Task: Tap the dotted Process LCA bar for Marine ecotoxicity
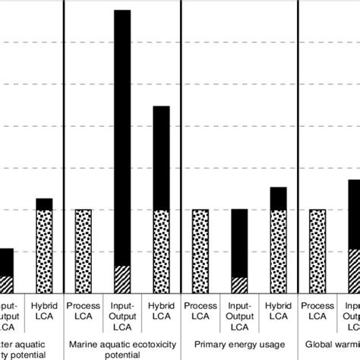83,251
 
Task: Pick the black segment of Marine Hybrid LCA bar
160,158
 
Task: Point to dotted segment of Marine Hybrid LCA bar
160,251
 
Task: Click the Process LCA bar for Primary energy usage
200,251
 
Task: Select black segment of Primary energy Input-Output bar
238,242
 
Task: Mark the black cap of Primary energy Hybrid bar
278,198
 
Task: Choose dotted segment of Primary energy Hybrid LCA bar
278,251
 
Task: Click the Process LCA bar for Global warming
317,251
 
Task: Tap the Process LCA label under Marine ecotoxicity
83,310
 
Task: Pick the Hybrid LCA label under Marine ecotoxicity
160,310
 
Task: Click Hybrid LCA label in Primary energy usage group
278,310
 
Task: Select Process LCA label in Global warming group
317,310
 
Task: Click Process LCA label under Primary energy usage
200,310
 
